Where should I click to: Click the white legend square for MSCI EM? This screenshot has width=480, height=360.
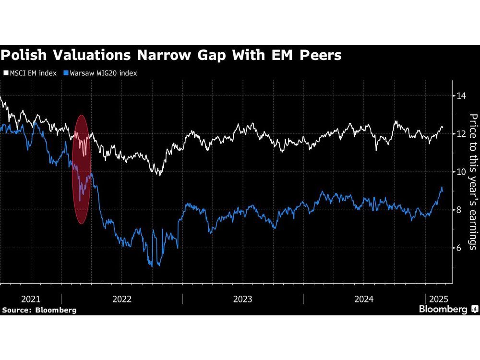coord(6,73)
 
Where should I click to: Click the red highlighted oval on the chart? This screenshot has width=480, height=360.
coord(82,169)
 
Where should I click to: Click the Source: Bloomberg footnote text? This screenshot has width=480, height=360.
coord(39,310)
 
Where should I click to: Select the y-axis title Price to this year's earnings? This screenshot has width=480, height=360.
coord(472,181)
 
